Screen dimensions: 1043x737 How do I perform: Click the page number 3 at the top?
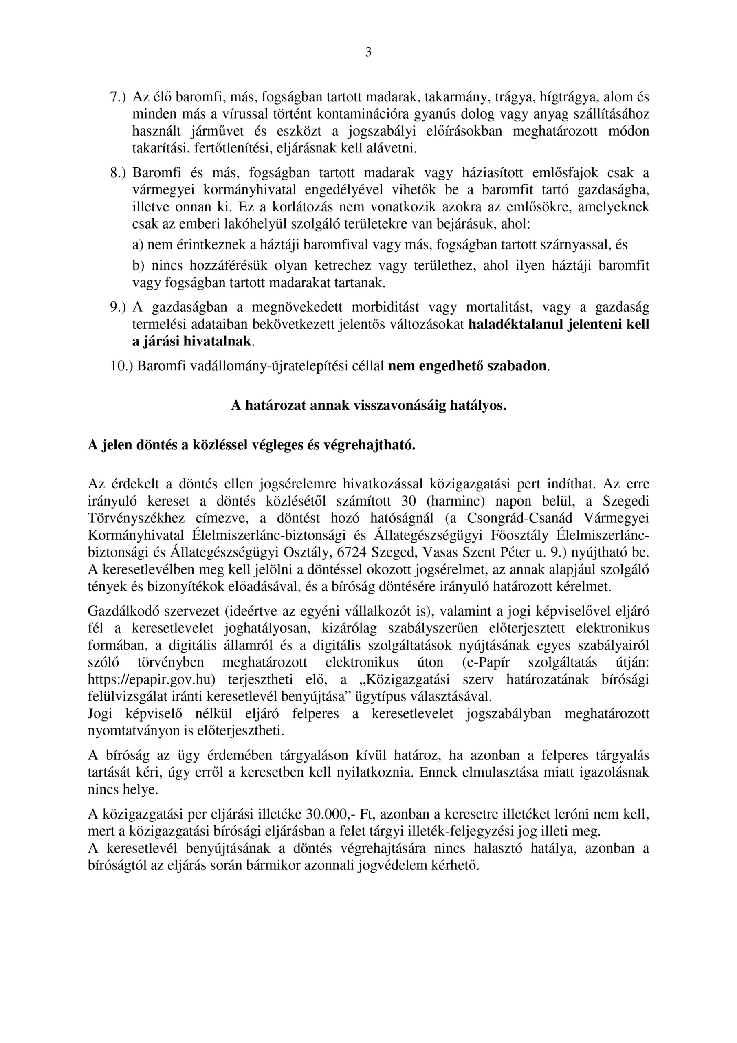[x=368, y=53]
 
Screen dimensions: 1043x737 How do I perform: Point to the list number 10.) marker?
[x=122, y=366]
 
